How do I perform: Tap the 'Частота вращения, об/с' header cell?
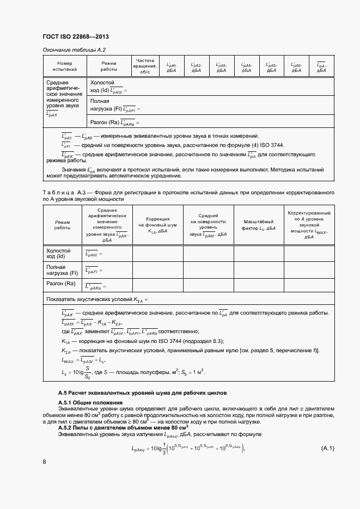[145, 66]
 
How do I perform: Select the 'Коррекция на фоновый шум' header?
[157, 224]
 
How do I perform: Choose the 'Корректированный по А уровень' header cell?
[309, 224]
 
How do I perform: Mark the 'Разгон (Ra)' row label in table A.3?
[60, 284]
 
